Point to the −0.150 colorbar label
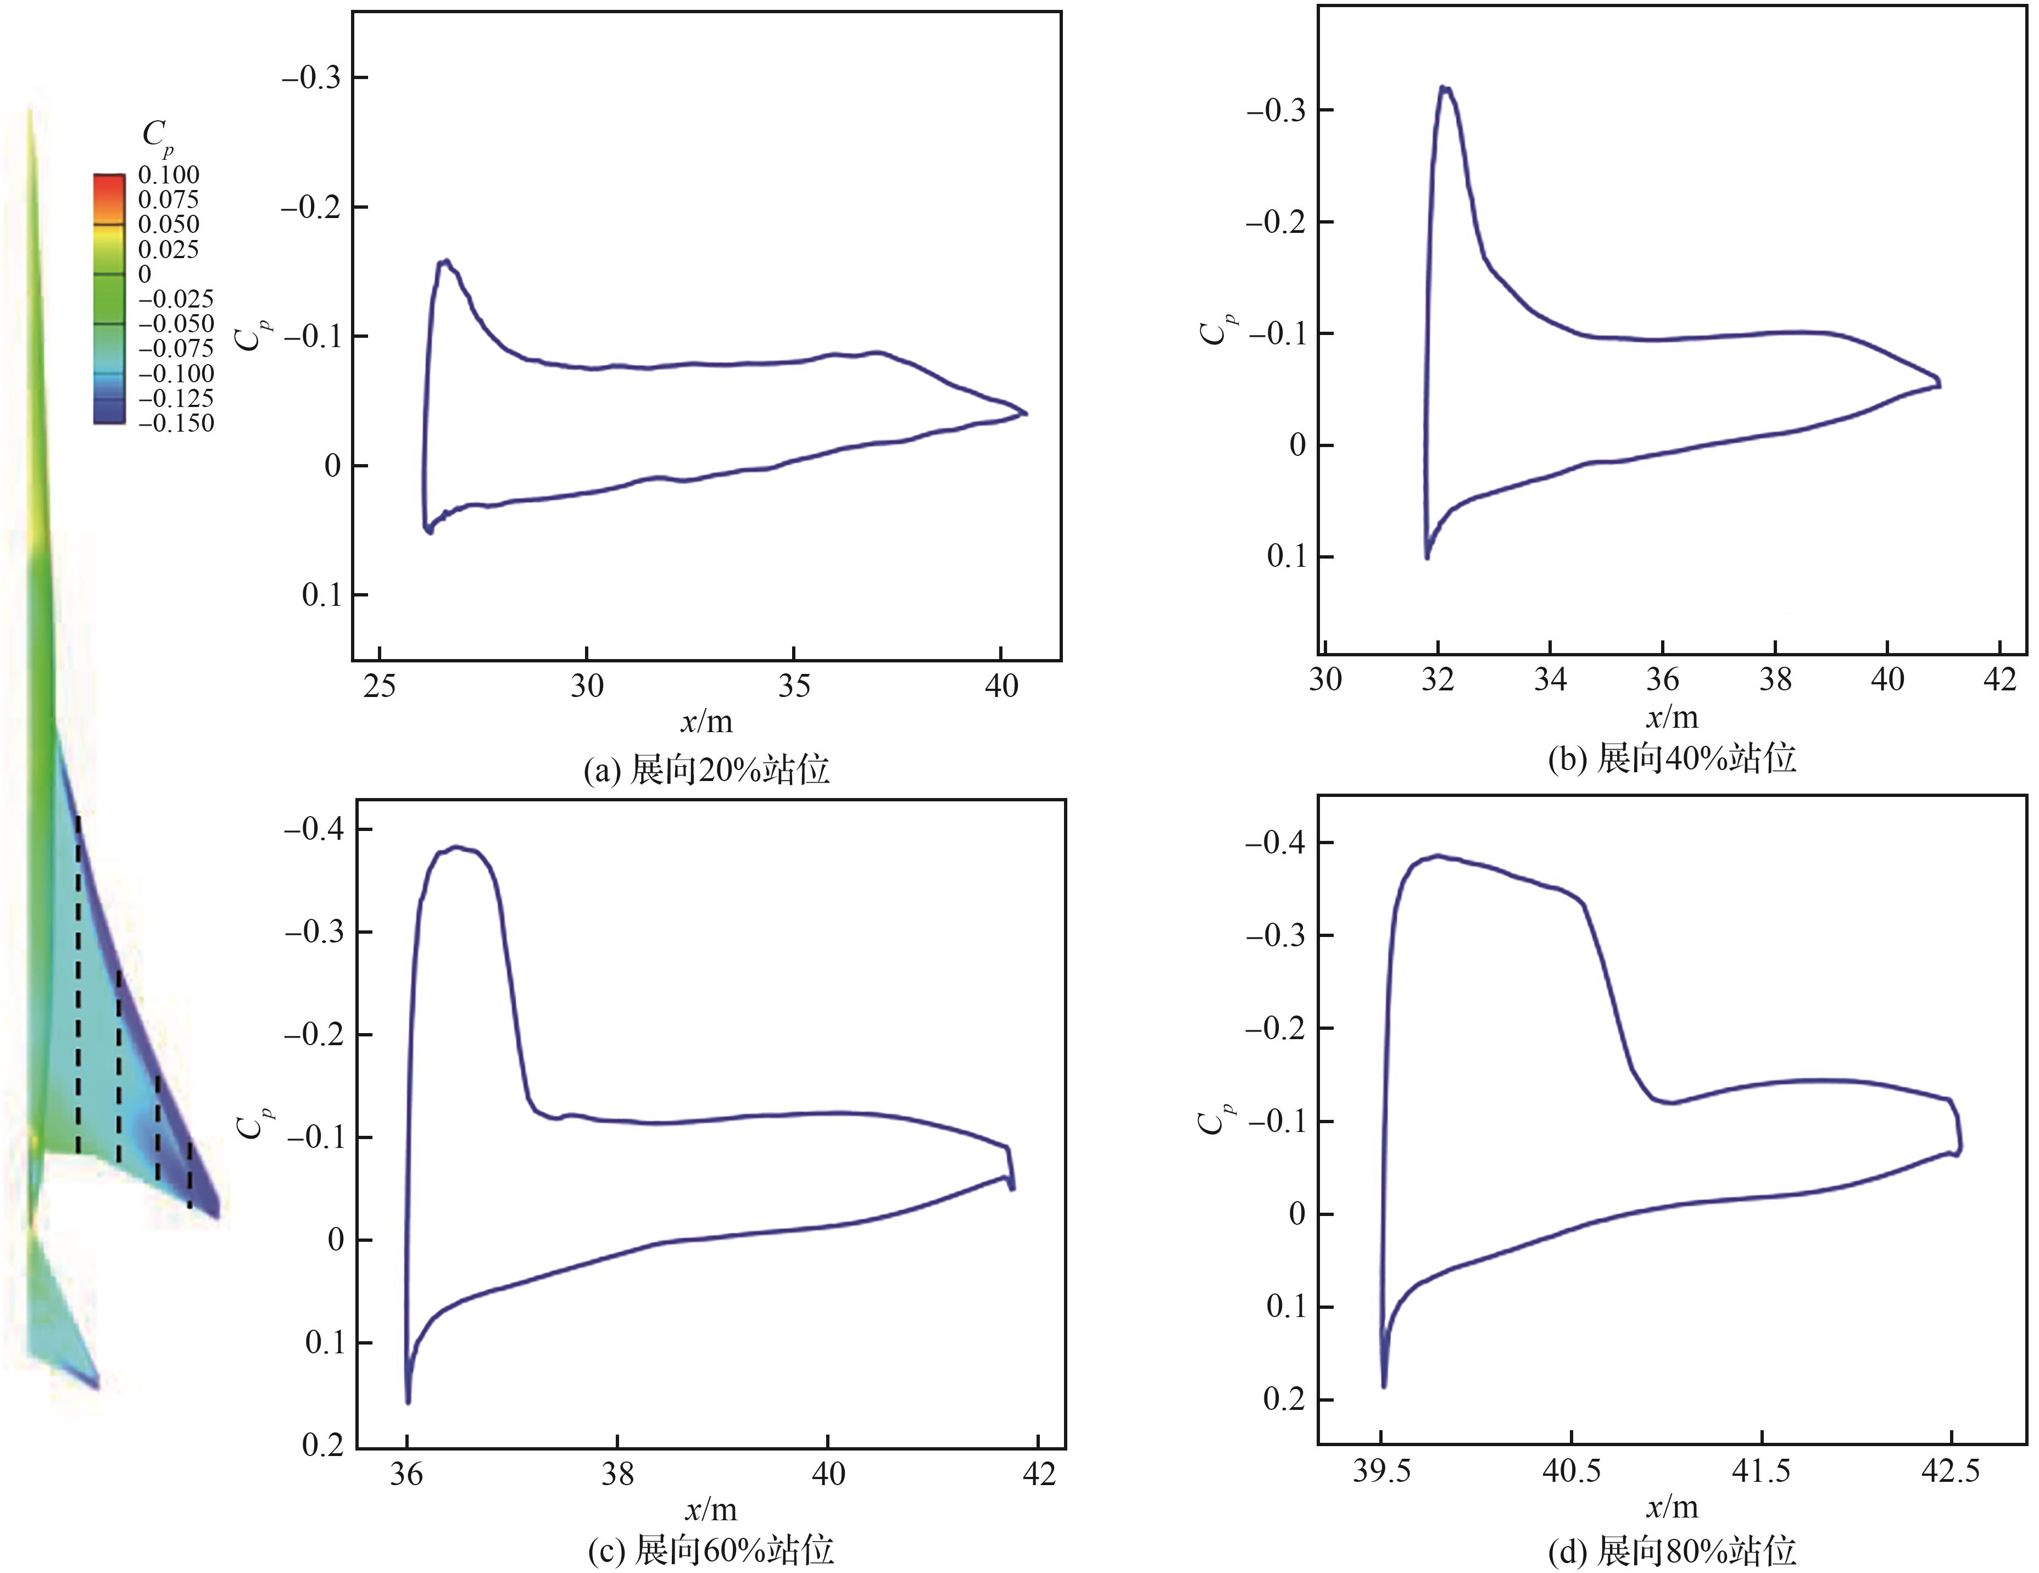pyautogui.click(x=176, y=423)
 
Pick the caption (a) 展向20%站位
pyautogui.click(x=706, y=770)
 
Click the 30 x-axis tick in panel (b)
pyautogui.click(x=1325, y=679)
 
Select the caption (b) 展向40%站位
pyautogui.click(x=1671, y=758)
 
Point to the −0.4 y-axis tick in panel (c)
pyautogui.click(x=315, y=829)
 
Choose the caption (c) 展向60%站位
pyautogui.click(x=710, y=1550)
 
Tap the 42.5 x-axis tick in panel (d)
pyautogui.click(x=1951, y=1471)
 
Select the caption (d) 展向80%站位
pyautogui.click(x=1671, y=1550)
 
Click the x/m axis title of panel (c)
pyautogui.click(x=710, y=1509)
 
